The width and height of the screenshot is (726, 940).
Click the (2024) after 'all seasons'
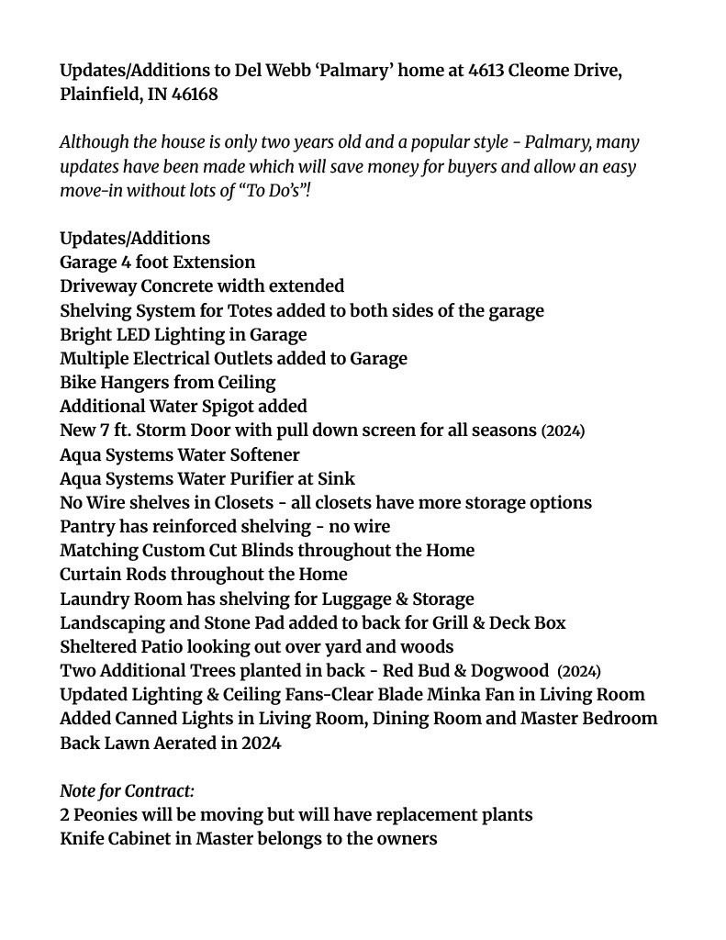point(563,431)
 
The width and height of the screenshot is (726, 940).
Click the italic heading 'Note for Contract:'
point(127,790)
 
